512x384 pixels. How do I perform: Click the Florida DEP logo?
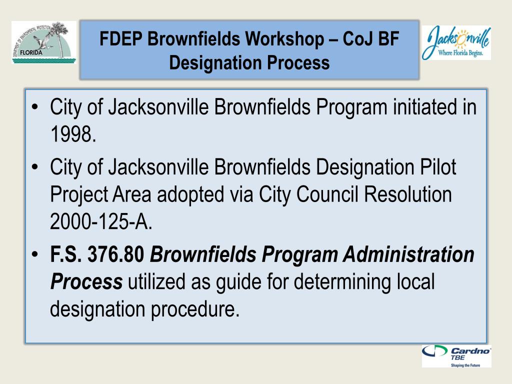pos(44,42)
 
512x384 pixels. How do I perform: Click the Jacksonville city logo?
pos(456,43)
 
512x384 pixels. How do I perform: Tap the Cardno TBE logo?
pos(456,356)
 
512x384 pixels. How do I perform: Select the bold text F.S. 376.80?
pos(97,255)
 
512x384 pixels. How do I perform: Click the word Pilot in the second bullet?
pos(438,167)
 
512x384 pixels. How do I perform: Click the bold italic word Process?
pos(86,282)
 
